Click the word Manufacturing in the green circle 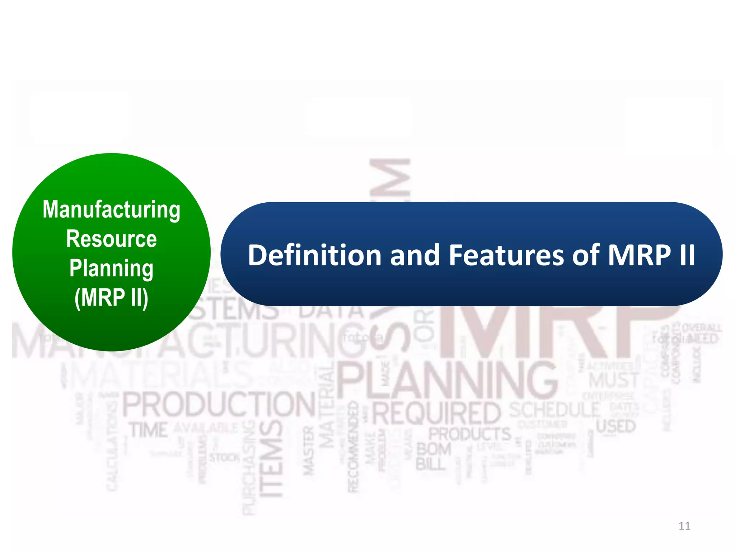tap(111, 210)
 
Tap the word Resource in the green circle tap(111, 239)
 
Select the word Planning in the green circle tap(111, 269)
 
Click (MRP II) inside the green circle tap(111, 297)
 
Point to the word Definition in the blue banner tap(314, 255)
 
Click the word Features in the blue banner tap(506, 255)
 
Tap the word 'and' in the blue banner tap(415, 255)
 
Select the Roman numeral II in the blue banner tap(687, 255)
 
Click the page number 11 tap(684, 526)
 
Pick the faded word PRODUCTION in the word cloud tap(219, 405)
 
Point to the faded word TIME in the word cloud tap(149, 430)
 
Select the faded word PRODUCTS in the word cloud tap(470, 434)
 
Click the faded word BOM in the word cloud tap(434, 449)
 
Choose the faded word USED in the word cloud tap(616, 427)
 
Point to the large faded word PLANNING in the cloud tap(447, 380)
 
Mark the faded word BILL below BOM tap(431, 465)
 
